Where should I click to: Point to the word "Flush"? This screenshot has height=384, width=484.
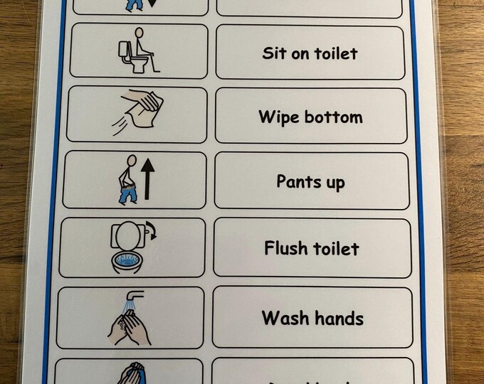[285, 248]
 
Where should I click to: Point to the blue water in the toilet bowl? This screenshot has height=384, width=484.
[127, 261]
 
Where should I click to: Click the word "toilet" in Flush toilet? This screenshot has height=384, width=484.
[335, 248]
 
